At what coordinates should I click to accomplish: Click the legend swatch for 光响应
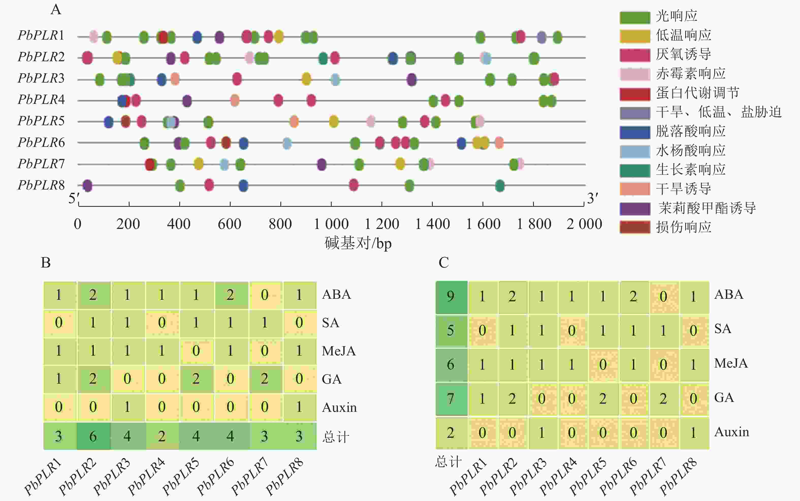point(634,17)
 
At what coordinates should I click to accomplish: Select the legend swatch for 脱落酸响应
point(634,132)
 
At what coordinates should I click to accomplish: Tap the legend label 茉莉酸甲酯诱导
point(707,208)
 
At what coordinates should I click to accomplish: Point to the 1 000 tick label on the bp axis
point(331,224)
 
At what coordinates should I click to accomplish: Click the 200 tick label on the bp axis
point(128,224)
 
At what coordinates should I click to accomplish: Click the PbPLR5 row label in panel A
point(41,121)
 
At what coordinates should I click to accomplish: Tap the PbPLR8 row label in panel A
point(41,185)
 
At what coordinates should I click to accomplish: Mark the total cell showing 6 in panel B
point(93,436)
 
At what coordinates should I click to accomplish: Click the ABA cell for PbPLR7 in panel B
point(265,295)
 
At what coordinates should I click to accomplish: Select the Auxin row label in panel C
point(731,432)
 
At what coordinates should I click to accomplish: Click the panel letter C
point(443,262)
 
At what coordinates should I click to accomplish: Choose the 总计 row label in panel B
point(335,437)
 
